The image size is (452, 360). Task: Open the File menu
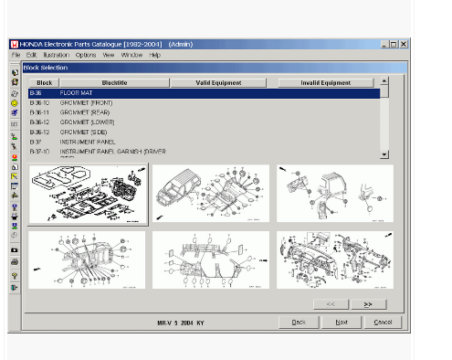[x=16, y=55]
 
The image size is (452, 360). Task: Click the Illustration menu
[x=56, y=55]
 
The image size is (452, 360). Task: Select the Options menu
[x=86, y=55]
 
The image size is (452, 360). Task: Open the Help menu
[x=155, y=55]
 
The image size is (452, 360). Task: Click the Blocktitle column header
[x=114, y=82]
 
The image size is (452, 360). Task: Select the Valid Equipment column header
[x=219, y=82]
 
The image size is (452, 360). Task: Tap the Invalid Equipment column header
[x=325, y=82]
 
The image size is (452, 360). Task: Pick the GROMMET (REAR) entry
[x=85, y=112]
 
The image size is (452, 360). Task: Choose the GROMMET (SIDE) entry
[x=83, y=132]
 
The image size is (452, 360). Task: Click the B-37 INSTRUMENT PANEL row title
[x=83, y=142]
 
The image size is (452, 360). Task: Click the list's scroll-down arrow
[x=384, y=154]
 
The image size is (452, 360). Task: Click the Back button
[x=299, y=322]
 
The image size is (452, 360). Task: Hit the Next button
[x=342, y=322]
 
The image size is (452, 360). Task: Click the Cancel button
[x=383, y=322]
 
